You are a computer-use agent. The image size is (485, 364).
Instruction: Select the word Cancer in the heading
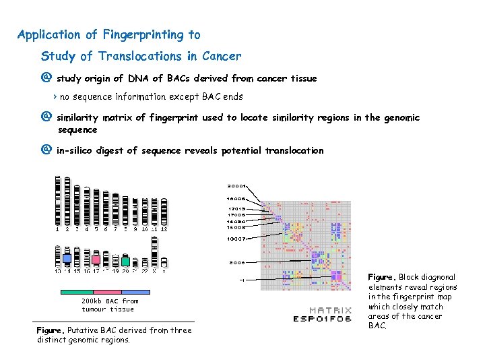pos(220,56)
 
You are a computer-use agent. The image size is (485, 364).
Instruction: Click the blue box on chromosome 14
pos(67,259)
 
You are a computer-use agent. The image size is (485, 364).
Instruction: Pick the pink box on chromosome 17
pos(96,260)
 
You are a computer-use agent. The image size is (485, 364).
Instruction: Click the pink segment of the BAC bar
pos(105,292)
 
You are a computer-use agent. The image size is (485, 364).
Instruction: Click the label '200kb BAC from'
pos(110,301)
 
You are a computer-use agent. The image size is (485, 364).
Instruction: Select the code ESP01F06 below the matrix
pos(322,319)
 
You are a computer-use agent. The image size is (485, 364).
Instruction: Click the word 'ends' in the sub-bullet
pos(232,97)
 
